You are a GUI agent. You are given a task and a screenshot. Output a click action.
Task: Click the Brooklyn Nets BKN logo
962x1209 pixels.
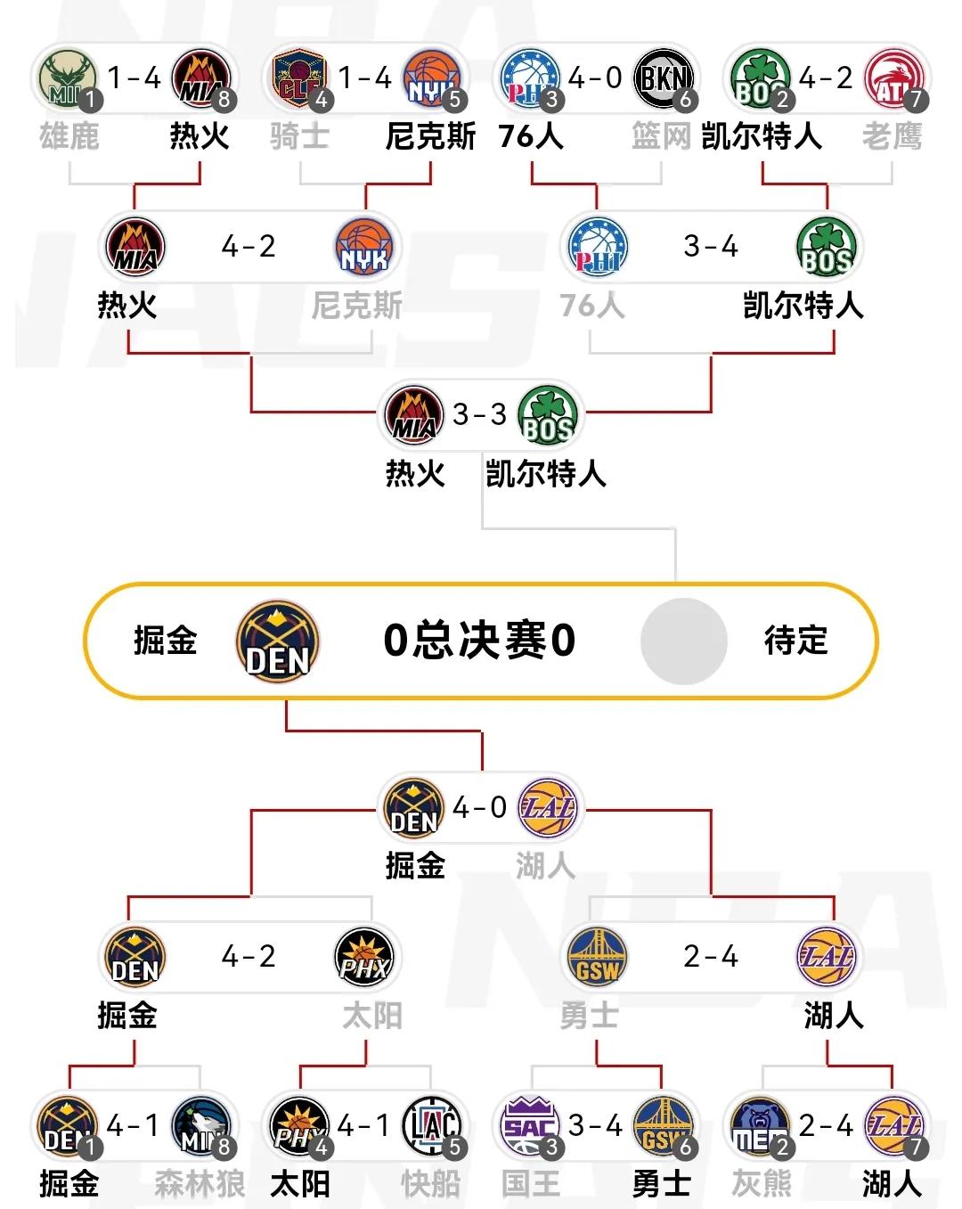tap(664, 78)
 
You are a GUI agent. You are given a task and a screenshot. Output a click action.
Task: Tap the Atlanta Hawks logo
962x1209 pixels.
tap(894, 78)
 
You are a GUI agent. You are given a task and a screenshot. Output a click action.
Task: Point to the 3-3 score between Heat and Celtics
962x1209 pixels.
tap(479, 414)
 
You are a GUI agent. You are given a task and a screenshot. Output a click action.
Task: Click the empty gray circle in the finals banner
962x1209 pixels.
tap(683, 641)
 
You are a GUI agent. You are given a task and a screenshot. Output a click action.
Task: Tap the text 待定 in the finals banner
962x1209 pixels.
tap(795, 641)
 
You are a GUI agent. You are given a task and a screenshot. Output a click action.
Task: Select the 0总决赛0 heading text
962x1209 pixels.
tap(479, 641)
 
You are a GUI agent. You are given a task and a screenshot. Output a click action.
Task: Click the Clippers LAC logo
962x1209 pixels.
tap(433, 1126)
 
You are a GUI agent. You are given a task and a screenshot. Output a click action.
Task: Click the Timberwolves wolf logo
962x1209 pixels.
tap(201, 1126)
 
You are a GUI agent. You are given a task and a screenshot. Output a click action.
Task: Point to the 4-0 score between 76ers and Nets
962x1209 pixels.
tap(595, 78)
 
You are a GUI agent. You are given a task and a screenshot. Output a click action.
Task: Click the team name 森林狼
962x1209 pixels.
tap(200, 1184)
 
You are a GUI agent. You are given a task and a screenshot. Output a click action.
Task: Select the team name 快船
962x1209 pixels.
tap(431, 1184)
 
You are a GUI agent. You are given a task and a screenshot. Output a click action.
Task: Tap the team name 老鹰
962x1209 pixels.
tap(892, 136)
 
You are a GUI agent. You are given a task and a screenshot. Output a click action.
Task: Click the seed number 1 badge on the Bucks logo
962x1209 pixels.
tap(90, 100)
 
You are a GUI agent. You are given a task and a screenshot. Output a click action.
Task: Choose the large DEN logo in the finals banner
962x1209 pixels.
tap(278, 641)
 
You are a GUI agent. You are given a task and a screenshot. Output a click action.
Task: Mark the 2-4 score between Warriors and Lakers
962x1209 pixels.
tap(711, 957)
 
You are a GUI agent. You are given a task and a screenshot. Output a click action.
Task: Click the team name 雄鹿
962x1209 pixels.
tap(69, 136)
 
